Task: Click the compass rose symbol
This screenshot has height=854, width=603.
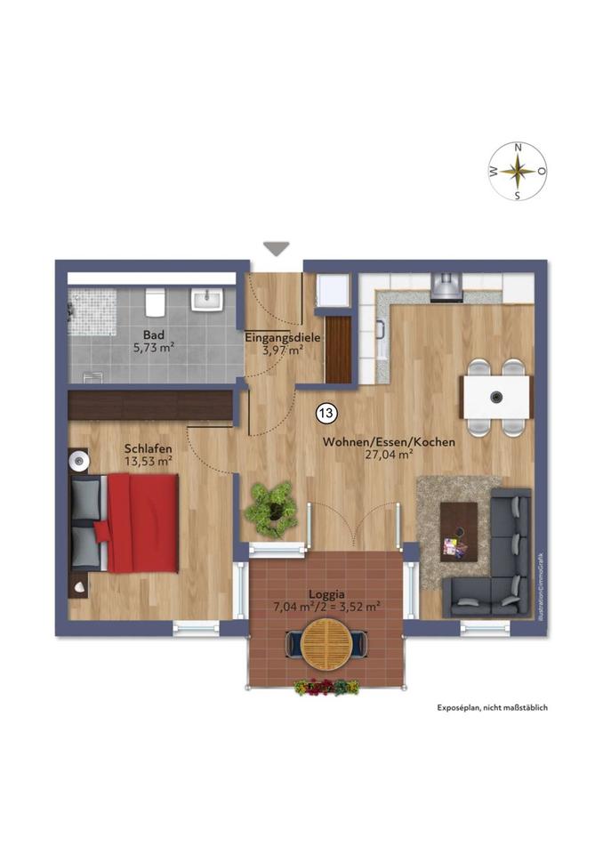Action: click(518, 171)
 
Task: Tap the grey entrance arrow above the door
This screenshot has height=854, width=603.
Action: click(277, 248)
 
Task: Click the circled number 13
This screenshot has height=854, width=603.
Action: click(326, 413)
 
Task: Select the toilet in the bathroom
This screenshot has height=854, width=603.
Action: click(153, 302)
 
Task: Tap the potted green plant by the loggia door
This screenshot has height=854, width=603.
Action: click(270, 508)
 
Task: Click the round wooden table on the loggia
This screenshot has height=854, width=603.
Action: click(326, 643)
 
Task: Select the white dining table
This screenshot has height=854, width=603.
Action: click(495, 397)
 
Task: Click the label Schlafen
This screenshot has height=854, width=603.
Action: click(148, 448)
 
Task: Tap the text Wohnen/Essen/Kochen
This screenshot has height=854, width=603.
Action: click(389, 441)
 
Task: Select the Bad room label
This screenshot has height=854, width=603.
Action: click(153, 335)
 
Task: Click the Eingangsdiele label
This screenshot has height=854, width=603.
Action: click(282, 338)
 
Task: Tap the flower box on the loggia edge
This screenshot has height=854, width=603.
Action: click(326, 687)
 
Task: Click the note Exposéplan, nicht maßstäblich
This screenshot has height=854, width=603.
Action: click(491, 707)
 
